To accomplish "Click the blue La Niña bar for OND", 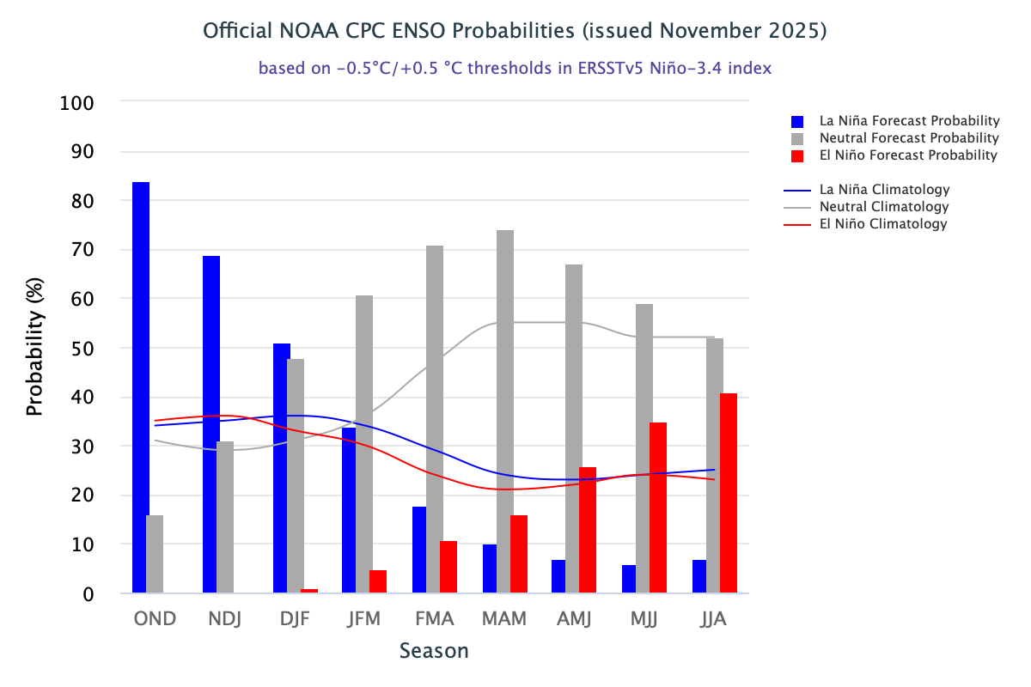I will pyautogui.click(x=140, y=386).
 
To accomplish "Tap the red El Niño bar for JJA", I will pyautogui.click(x=729, y=494).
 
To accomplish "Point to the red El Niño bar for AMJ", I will pyautogui.click(x=588, y=530).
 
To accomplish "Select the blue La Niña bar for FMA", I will pyautogui.click(x=420, y=550).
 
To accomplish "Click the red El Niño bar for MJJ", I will pyautogui.click(x=658, y=508).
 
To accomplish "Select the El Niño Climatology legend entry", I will pyautogui.click(x=883, y=224).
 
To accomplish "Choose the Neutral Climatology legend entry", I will pyautogui.click(x=884, y=207).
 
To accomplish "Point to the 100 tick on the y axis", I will pyautogui.click(x=77, y=102).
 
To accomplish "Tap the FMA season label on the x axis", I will pyautogui.click(x=435, y=619).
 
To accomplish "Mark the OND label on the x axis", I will pyautogui.click(x=155, y=619).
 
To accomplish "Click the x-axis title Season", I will pyautogui.click(x=434, y=651).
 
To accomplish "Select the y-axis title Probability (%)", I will pyautogui.click(x=34, y=349).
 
